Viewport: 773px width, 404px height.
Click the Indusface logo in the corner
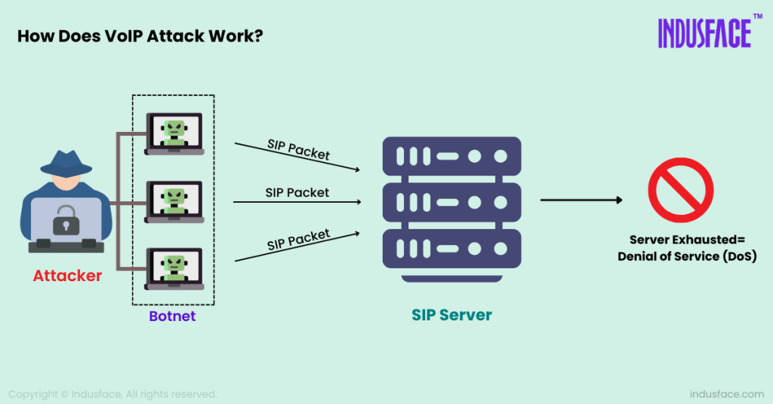[704, 33]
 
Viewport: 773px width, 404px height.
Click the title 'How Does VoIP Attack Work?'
[140, 36]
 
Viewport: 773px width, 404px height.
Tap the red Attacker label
[67, 277]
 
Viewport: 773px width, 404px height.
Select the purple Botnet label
[172, 316]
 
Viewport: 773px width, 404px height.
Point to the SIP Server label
[451, 315]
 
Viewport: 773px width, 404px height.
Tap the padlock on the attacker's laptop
[66, 219]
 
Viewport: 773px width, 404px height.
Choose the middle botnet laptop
[174, 201]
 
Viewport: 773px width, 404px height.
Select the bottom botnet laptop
[174, 269]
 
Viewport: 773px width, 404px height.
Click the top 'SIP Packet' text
[299, 148]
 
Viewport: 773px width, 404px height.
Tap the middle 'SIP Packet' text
[297, 192]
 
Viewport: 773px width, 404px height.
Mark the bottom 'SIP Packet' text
[299, 240]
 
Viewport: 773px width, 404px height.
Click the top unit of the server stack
[451, 157]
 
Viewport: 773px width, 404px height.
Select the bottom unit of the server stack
[451, 249]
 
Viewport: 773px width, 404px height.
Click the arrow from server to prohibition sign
[581, 200]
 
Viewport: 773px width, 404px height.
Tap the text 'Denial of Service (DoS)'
[686, 256]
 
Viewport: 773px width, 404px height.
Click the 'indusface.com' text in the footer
[726, 393]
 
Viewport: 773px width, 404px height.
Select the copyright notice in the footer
[112, 393]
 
